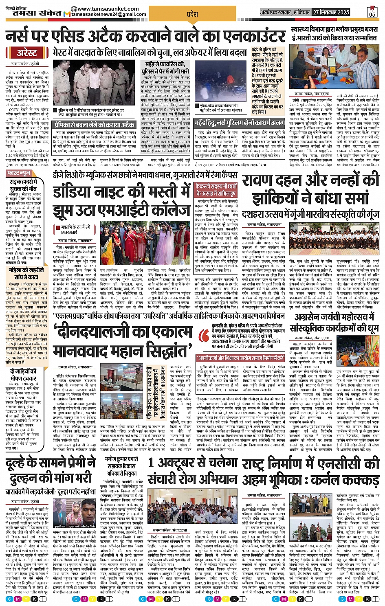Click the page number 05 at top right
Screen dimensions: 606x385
pyautogui.click(x=372, y=13)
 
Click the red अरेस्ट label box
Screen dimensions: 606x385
pyautogui.click(x=27, y=53)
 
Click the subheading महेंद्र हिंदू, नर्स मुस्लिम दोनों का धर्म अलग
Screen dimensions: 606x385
pyautogui.click(x=239, y=123)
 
